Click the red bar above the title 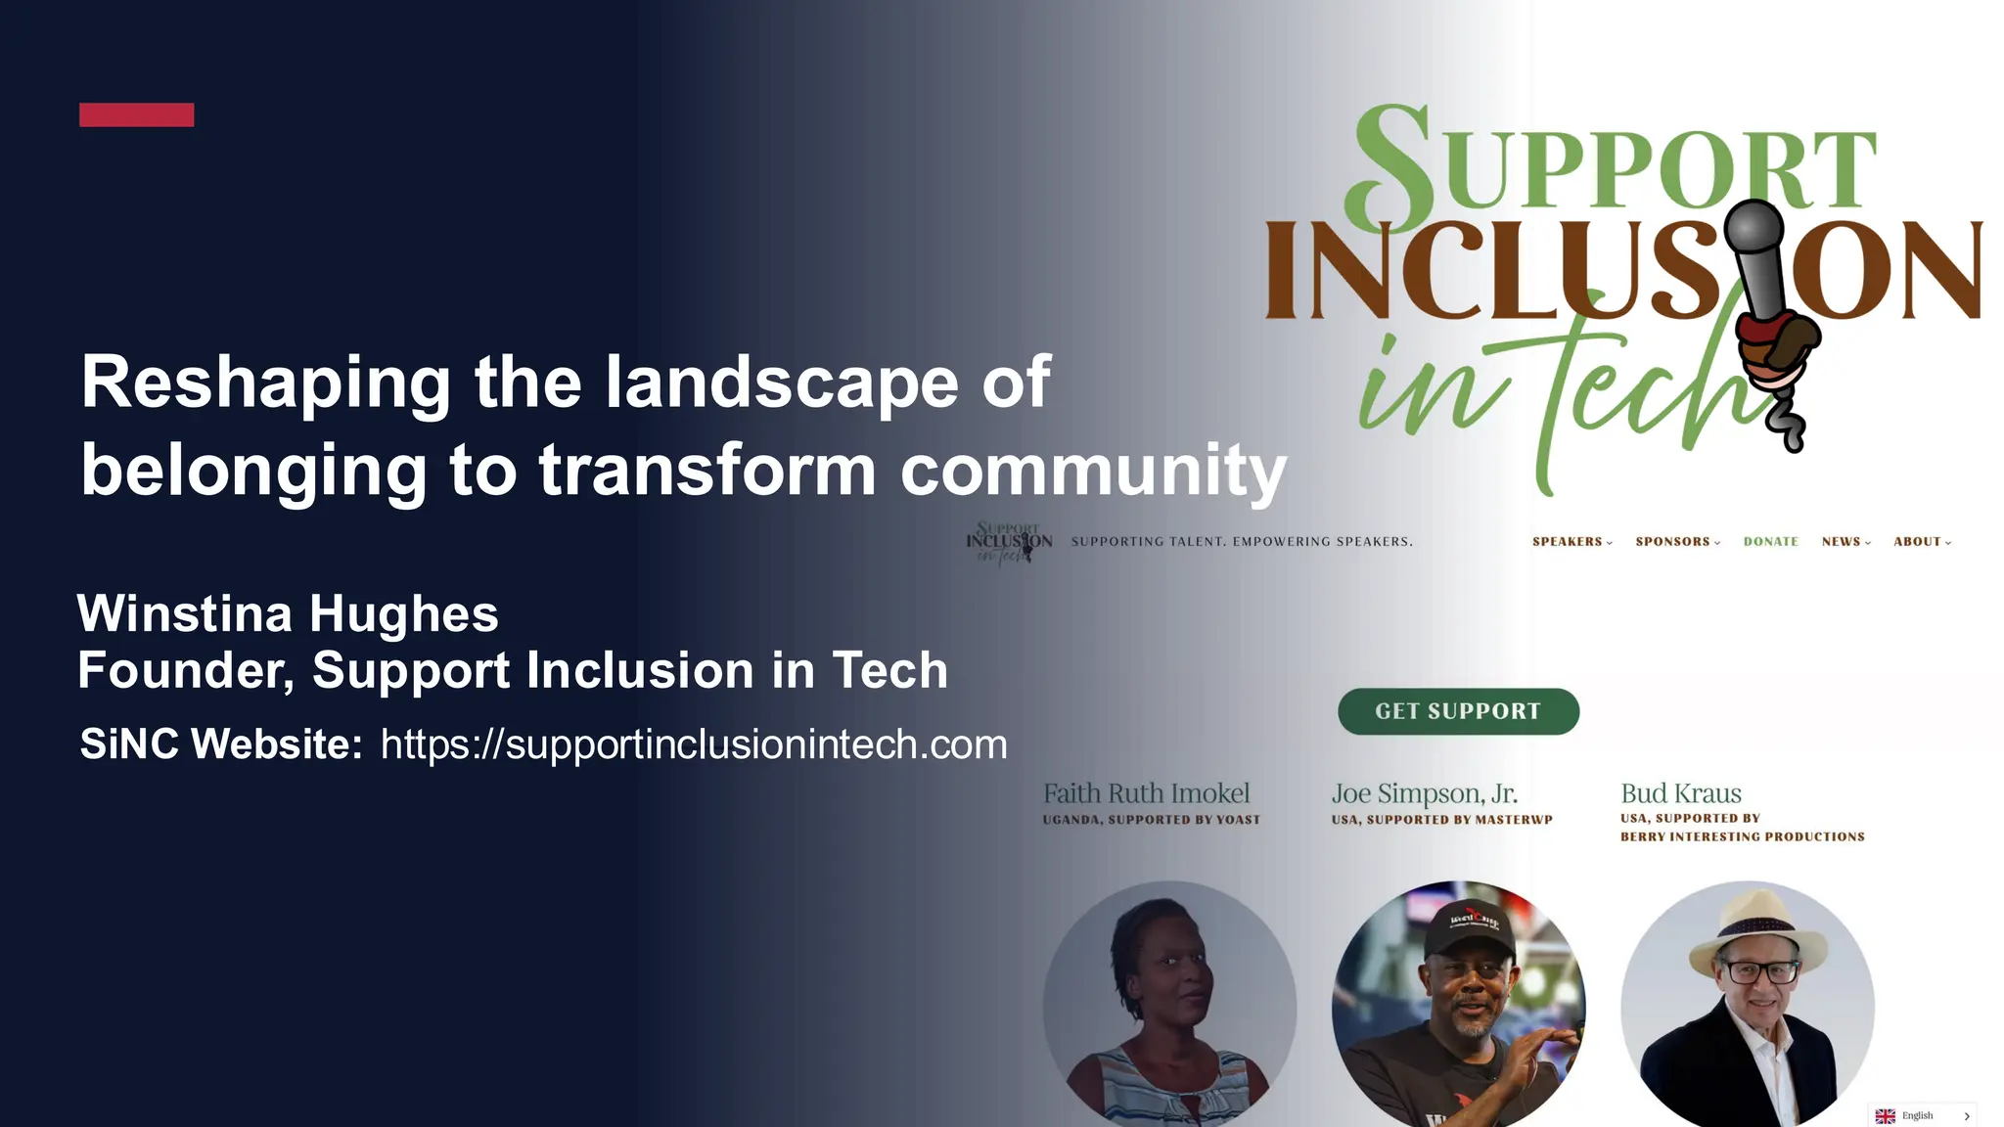coord(136,114)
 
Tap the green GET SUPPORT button coord(1458,711)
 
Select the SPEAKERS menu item coord(1568,542)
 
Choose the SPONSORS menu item coord(1673,542)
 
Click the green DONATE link coord(1771,542)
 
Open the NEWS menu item coord(1842,542)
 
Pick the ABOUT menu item coord(1918,542)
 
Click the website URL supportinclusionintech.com coord(694,744)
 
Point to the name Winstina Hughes coord(288,614)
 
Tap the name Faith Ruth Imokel coord(1146,793)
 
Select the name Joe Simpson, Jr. coord(1424,793)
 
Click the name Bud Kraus coord(1681,793)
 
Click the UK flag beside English coord(1886,1116)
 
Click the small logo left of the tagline coord(1009,543)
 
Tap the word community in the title coord(1093,471)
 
